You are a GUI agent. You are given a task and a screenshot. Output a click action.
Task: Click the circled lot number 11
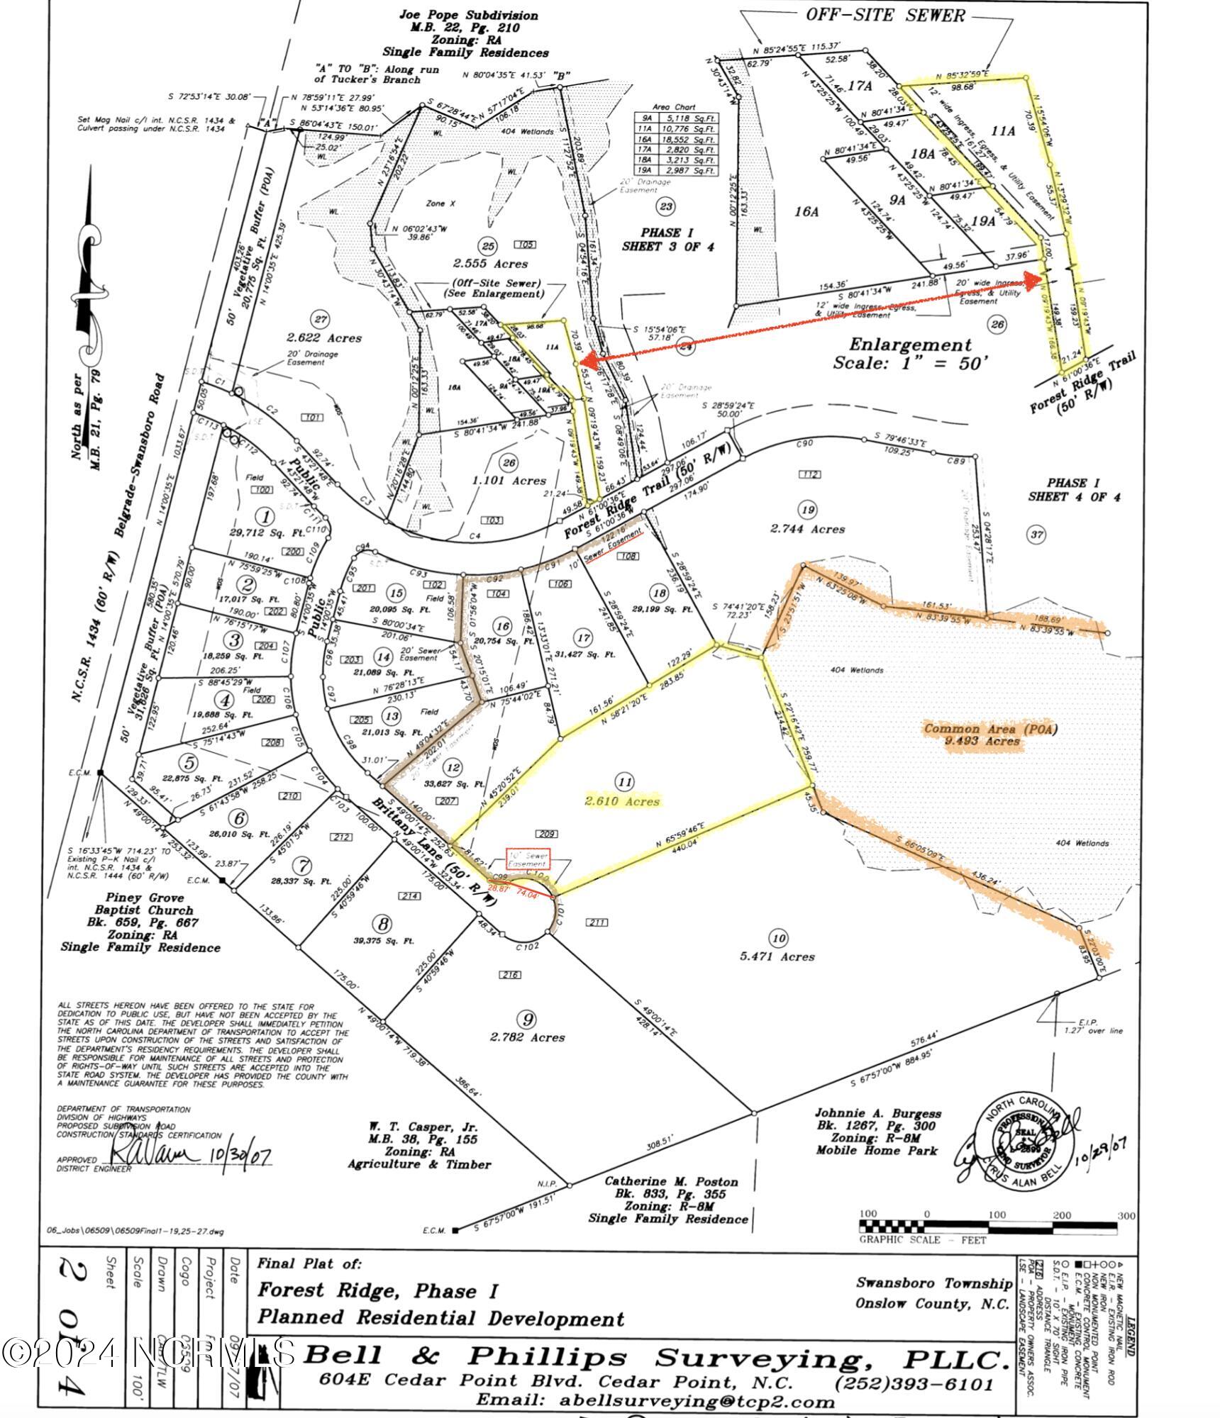(x=624, y=782)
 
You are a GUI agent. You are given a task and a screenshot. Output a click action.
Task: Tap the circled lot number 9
(x=527, y=1020)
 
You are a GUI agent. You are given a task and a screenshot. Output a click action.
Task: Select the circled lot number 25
(x=487, y=245)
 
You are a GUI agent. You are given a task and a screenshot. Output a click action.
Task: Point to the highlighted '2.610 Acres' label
(x=621, y=801)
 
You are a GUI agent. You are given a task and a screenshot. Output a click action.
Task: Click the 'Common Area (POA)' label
(x=971, y=728)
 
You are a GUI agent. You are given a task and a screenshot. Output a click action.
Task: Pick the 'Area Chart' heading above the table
(x=675, y=107)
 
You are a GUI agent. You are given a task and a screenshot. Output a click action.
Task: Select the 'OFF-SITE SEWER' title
(x=884, y=16)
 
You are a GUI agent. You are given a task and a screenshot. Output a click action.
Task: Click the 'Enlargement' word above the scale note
(x=910, y=345)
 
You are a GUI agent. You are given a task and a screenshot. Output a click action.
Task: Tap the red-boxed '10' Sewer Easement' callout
(x=526, y=859)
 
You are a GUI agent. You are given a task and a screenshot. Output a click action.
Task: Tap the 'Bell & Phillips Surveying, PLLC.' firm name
(x=656, y=1358)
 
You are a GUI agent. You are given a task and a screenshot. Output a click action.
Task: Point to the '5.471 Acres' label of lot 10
(x=777, y=956)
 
